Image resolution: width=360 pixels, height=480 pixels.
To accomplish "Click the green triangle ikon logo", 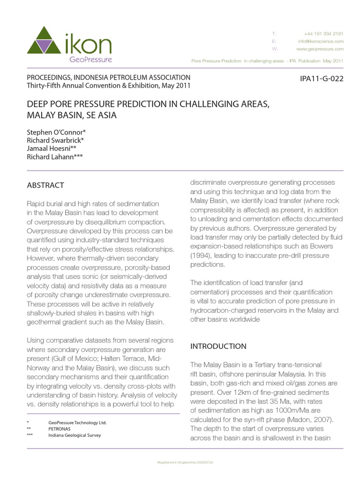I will [x=46, y=40].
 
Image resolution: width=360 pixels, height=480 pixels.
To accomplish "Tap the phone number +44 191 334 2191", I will [x=323, y=34].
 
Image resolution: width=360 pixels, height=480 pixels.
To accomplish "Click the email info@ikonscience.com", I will [x=321, y=41].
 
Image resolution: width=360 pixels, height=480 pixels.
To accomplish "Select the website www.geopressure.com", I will [x=320, y=49].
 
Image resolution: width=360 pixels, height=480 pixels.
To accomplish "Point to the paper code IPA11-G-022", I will [x=321, y=78].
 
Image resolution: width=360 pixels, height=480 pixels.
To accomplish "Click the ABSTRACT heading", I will [x=45, y=185].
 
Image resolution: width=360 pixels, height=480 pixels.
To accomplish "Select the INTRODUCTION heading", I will [x=218, y=346].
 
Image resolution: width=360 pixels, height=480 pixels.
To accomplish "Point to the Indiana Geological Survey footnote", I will [x=75, y=435].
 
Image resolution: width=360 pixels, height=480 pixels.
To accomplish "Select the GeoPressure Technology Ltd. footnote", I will [x=78, y=422].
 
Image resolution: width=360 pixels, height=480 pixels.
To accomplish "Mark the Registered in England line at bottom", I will [x=185, y=462].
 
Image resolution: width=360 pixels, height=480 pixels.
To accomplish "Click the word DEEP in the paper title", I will [x=38, y=104].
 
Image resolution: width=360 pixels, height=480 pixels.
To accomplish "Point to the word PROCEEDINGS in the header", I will [x=50, y=77].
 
